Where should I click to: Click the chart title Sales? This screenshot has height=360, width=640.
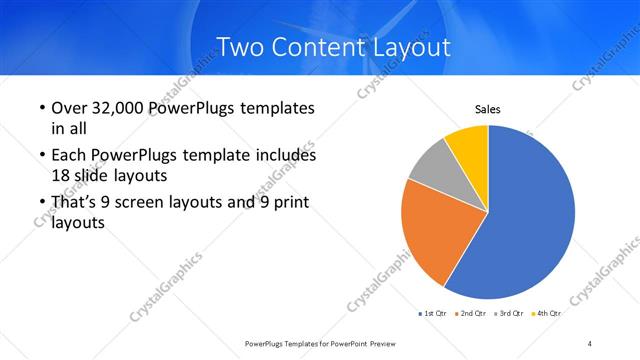click(x=487, y=110)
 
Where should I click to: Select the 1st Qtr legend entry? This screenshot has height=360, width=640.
click(x=433, y=313)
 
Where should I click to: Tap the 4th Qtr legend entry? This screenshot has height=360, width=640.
click(x=547, y=313)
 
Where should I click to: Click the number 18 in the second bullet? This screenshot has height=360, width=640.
click(x=60, y=173)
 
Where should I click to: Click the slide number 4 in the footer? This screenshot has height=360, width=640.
click(x=590, y=343)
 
